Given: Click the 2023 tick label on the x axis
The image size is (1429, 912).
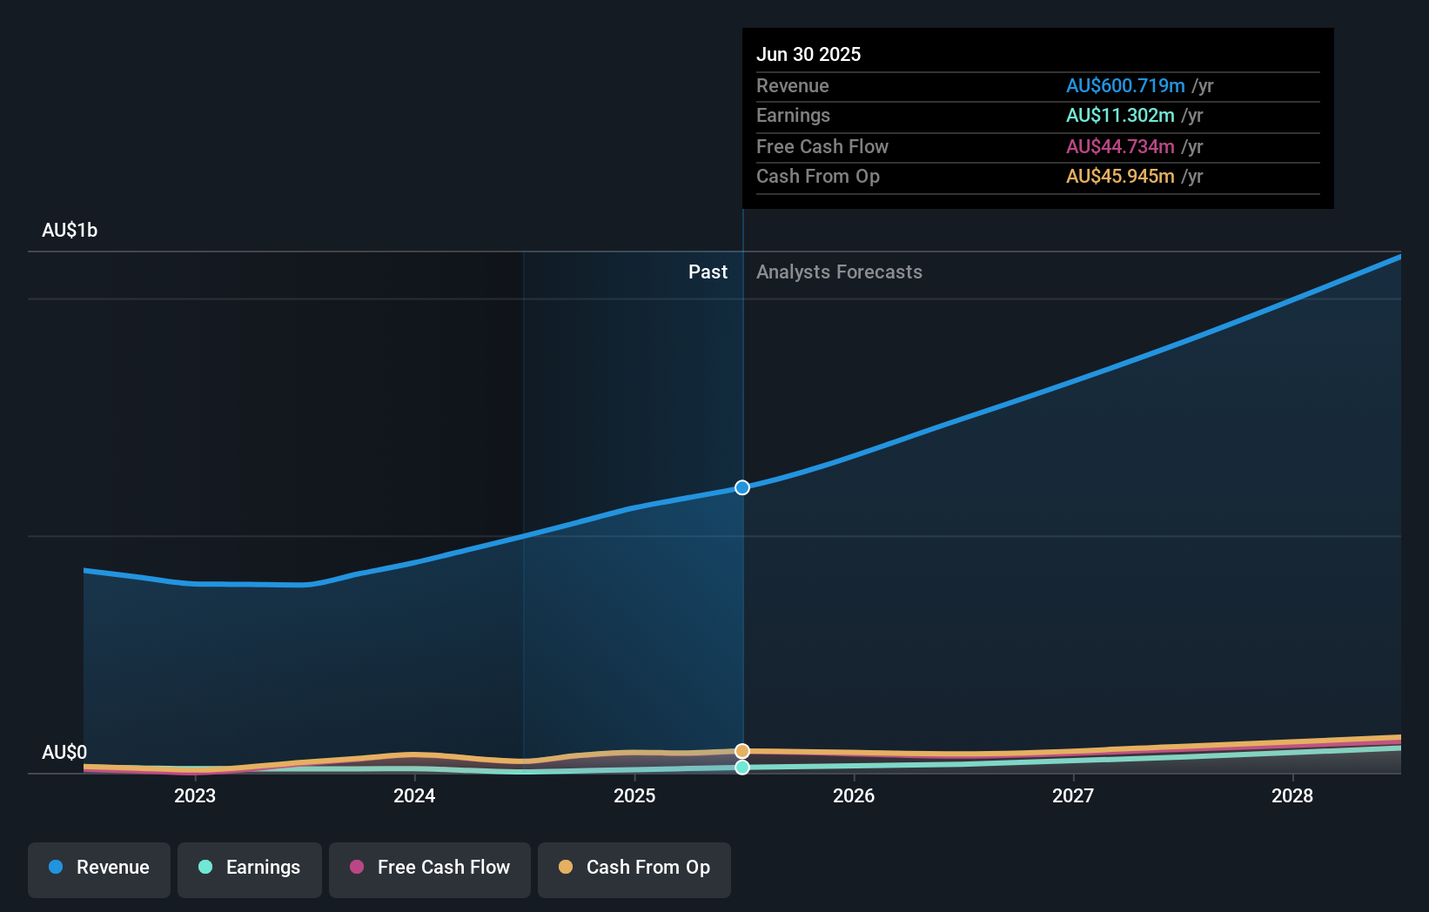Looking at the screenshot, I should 195,795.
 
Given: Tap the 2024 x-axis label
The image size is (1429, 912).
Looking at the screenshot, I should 414,795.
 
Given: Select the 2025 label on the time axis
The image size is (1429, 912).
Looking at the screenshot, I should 634,795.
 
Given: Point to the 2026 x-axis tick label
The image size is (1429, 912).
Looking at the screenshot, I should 854,795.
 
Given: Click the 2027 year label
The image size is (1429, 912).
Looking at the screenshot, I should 1073,795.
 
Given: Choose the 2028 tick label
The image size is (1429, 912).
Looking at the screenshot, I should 1292,795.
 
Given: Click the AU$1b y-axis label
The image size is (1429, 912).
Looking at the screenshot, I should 70,231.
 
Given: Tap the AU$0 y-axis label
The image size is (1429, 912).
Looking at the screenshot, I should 64,752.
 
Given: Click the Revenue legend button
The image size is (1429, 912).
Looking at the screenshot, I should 99,868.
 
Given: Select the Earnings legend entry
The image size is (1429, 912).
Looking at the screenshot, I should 250,868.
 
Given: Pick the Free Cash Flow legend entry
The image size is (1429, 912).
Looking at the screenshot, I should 430,868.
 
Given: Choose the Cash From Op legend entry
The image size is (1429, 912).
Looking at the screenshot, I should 634,868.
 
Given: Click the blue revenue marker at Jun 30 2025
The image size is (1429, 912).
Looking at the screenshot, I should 742,487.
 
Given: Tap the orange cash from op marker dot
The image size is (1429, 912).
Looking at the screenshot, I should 742,751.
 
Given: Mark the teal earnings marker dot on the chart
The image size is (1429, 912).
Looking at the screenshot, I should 742,768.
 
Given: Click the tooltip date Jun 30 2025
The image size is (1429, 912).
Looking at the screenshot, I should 808,54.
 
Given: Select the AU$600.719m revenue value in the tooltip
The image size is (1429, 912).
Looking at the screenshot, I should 1125,85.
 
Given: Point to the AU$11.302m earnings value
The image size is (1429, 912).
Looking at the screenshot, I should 1120,116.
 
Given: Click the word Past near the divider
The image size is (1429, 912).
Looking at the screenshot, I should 708,272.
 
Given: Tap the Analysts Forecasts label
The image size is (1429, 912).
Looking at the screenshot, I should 839,272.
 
